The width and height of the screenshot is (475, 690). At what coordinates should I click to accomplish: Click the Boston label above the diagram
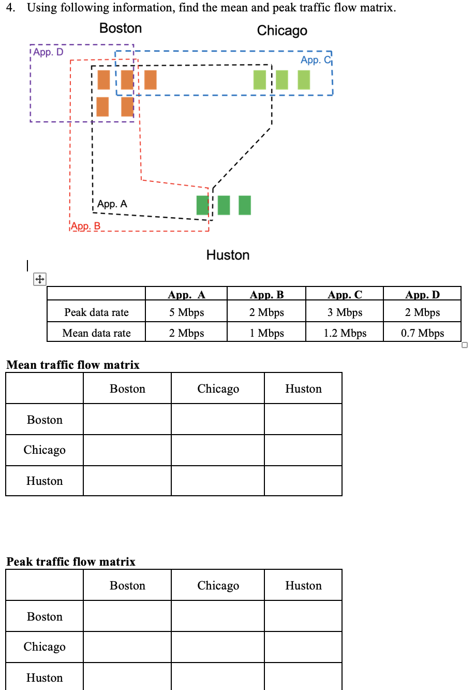point(120,28)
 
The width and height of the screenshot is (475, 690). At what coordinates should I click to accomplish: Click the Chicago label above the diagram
point(282,31)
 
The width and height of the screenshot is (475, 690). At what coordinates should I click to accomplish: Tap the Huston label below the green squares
point(228,255)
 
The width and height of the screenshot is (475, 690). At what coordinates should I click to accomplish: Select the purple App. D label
point(49,52)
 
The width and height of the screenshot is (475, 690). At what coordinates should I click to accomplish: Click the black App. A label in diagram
point(112,204)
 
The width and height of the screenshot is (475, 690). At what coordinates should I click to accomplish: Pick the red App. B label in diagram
point(86,226)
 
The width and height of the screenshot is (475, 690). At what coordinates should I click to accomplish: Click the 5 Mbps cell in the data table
point(186,312)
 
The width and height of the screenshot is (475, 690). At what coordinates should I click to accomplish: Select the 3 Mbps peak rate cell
point(345,312)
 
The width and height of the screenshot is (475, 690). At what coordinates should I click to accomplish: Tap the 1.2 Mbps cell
point(345,333)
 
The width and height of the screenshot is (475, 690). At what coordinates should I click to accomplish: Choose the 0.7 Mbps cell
point(422,333)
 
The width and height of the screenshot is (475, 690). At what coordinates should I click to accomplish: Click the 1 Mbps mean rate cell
point(266,333)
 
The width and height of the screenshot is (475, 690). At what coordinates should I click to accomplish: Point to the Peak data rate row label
point(96,312)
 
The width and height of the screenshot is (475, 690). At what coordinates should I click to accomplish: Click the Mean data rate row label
point(96,333)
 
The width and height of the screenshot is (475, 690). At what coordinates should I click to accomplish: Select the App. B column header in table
point(266,295)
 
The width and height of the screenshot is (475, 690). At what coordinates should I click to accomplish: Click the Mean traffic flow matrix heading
point(73,365)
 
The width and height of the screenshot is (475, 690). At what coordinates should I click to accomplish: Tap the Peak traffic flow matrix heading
point(71,562)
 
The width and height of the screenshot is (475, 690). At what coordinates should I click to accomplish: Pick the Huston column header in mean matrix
point(303,389)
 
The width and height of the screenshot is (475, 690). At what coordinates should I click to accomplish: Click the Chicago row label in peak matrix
point(44,646)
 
